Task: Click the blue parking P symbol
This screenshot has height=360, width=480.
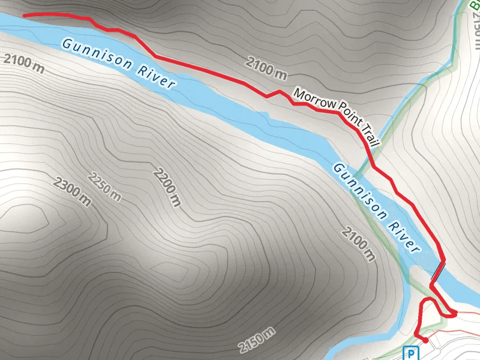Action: pos(411,353)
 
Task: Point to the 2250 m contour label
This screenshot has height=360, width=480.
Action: pos(104,187)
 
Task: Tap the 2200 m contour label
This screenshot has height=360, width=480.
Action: pos(167,187)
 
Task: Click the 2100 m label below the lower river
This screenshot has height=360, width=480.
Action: pos(359,244)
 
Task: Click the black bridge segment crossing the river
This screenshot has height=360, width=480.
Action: pos(438,271)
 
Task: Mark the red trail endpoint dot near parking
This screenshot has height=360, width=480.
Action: pos(425,340)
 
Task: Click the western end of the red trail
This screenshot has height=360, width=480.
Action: pos(24,15)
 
